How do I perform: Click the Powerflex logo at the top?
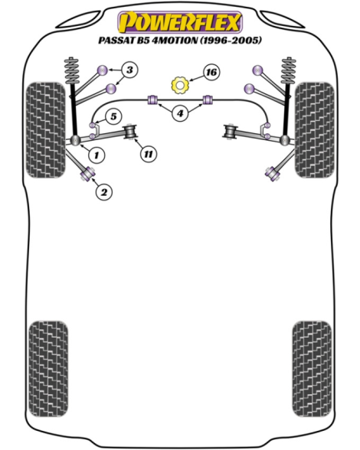(180, 22)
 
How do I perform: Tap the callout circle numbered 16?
(211, 72)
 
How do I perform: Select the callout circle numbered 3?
(129, 70)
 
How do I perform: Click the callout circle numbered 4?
(180, 113)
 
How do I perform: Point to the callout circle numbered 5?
(113, 116)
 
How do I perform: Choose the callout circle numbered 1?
(97, 155)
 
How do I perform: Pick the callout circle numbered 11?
(149, 154)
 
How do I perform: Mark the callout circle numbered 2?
(103, 191)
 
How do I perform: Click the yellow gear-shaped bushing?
(179, 85)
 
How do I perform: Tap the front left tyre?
(45, 130)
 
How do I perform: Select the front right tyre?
(315, 130)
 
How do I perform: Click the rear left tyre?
(48, 369)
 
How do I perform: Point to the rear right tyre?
(312, 369)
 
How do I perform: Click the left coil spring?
(72, 71)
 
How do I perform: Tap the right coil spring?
(289, 71)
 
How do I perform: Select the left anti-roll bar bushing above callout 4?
(153, 99)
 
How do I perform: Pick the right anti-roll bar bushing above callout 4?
(208, 99)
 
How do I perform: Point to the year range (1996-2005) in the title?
(230, 40)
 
